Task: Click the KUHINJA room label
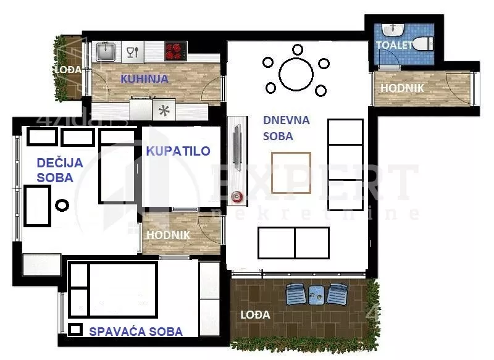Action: click(144, 78)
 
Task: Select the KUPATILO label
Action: click(178, 151)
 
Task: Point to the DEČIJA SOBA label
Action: click(55, 170)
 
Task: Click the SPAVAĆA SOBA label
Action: click(136, 332)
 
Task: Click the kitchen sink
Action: click(106, 51)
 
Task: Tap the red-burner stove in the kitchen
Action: click(176, 50)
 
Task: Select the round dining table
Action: click(296, 74)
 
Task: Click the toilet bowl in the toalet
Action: click(422, 44)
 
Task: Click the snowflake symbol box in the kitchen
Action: click(164, 111)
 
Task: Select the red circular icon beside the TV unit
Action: click(237, 198)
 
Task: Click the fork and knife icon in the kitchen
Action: click(132, 51)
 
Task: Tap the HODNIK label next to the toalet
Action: click(402, 88)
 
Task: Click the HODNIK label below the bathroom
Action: click(168, 235)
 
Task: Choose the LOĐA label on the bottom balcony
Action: click(255, 315)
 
